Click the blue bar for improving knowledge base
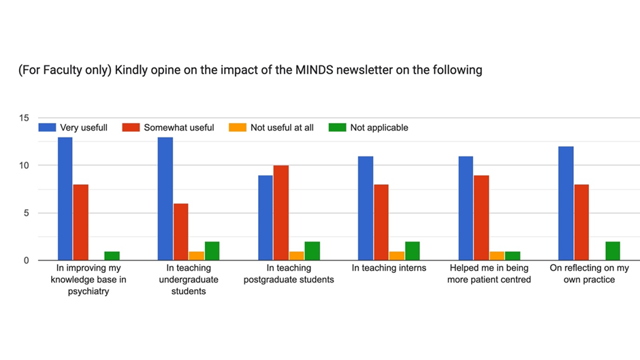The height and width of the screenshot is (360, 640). click(x=65, y=199)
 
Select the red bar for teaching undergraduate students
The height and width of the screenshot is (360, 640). click(x=181, y=232)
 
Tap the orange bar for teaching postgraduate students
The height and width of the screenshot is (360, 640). click(x=297, y=256)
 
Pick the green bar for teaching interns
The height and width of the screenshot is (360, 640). click(x=412, y=251)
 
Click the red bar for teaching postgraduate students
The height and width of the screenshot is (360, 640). click(x=281, y=213)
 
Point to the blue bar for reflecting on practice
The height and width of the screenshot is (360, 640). click(x=566, y=203)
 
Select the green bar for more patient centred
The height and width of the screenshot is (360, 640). click(x=513, y=256)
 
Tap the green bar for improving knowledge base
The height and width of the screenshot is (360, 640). click(x=112, y=256)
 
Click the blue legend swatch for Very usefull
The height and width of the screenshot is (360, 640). click(x=47, y=127)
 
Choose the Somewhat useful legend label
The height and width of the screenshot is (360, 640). click(x=179, y=128)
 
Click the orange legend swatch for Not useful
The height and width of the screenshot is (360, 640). click(x=238, y=127)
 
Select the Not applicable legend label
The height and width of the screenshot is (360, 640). click(x=379, y=128)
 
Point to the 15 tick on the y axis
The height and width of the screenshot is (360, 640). click(x=24, y=118)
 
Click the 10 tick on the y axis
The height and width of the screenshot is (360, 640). click(x=24, y=165)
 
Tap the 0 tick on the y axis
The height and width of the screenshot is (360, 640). click(x=27, y=261)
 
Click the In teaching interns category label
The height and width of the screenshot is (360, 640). click(x=389, y=268)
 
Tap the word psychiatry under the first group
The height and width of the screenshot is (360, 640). click(x=89, y=292)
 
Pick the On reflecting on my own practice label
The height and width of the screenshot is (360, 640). click(x=589, y=274)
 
